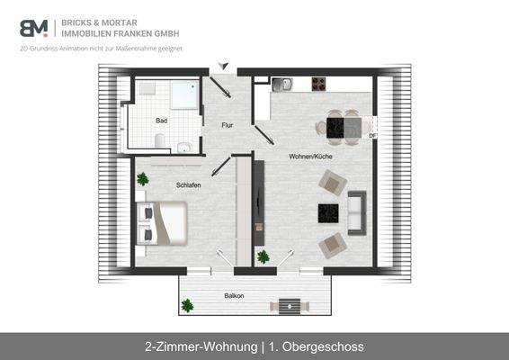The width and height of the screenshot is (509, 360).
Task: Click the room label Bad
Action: [x=161, y=121]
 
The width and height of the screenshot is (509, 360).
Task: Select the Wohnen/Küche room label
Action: [x=310, y=157]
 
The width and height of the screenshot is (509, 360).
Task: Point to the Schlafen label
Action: [x=188, y=184]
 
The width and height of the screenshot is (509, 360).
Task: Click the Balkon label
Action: [x=234, y=295]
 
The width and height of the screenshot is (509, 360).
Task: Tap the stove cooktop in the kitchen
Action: [x=319, y=85]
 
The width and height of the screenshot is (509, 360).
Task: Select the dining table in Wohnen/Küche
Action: [x=344, y=127]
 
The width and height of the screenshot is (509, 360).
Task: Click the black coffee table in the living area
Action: [x=328, y=213]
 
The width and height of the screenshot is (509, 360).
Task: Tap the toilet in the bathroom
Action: [x=160, y=141]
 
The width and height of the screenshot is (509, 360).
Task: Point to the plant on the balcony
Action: [x=187, y=306]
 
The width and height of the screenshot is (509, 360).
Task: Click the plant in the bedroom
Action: [x=142, y=179]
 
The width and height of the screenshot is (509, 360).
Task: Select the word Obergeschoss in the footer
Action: [x=324, y=346]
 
